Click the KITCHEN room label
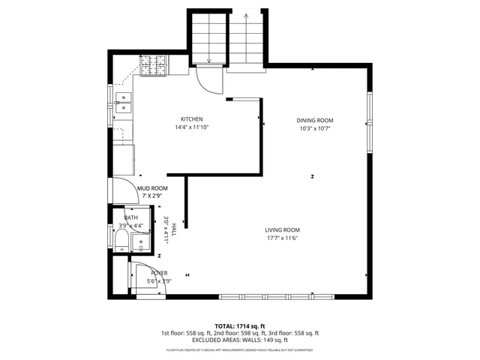191,119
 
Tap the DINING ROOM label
314,120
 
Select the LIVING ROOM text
282,229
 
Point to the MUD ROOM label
152,188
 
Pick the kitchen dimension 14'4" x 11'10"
191,127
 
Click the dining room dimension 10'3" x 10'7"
314,128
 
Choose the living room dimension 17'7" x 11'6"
282,238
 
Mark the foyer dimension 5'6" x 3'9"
159,281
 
